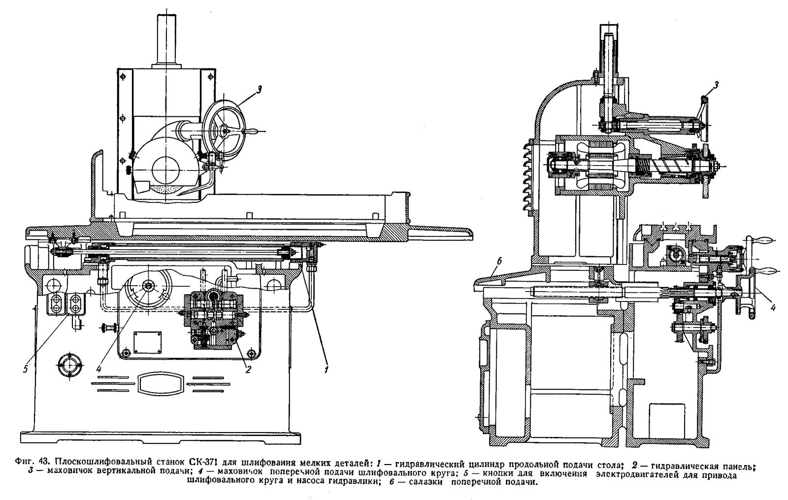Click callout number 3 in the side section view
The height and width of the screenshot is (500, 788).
(717, 85)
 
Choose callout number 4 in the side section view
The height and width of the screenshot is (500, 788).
(773, 308)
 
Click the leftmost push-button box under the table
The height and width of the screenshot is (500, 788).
(57, 303)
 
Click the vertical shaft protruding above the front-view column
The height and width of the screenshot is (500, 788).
(166, 40)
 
